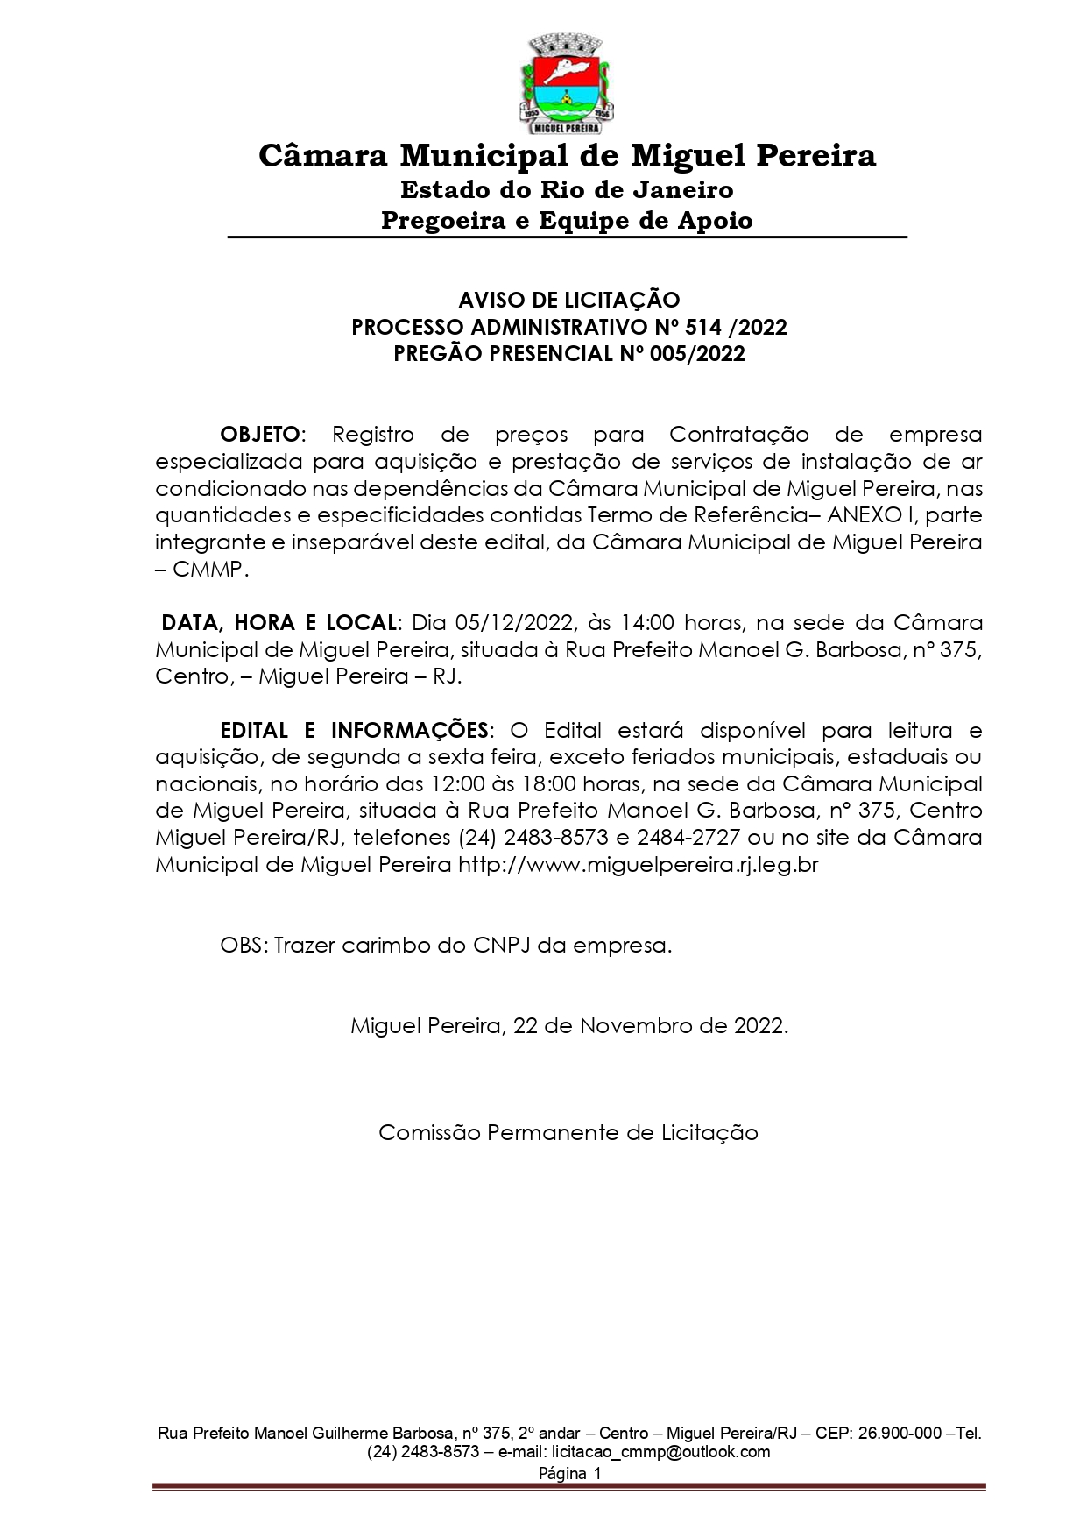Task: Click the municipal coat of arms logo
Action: (567, 81)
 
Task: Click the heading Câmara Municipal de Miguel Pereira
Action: (567, 156)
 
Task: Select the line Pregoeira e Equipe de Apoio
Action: (567, 220)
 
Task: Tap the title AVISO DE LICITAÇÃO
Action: (568, 301)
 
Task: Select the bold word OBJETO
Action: (260, 435)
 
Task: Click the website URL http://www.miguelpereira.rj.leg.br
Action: (639, 865)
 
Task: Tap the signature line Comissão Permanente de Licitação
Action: (568, 1133)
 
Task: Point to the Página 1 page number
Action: (569, 1474)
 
